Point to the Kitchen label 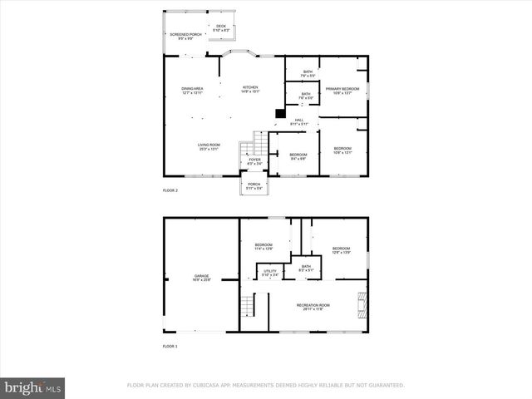tap(250, 89)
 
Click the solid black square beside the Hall tap(280, 115)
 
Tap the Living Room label tap(209, 147)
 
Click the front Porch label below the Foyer tap(254, 186)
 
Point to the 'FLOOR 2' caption tap(170, 191)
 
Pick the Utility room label tap(270, 272)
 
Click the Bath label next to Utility tap(307, 268)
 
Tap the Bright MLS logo tap(33, 387)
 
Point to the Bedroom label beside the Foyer tap(298, 156)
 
